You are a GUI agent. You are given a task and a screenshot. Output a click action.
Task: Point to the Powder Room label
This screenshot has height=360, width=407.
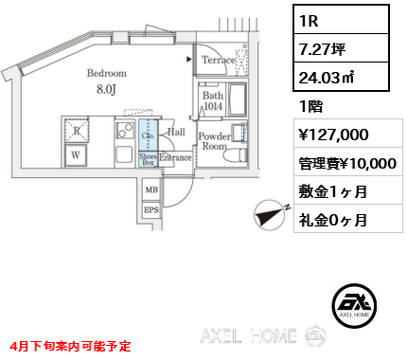[214, 141]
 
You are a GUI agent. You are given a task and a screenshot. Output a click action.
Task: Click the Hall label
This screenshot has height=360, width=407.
[177, 133]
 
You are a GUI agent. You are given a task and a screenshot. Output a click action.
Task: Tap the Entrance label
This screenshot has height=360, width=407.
[177, 157]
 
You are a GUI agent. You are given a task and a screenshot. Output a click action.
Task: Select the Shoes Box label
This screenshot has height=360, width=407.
[148, 158]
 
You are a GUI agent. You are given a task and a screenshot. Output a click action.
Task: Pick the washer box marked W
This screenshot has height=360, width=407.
[75, 154]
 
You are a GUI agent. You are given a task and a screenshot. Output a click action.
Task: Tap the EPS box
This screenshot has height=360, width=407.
[150, 210]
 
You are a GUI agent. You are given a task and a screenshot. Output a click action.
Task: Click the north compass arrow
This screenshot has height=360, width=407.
[270, 215]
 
